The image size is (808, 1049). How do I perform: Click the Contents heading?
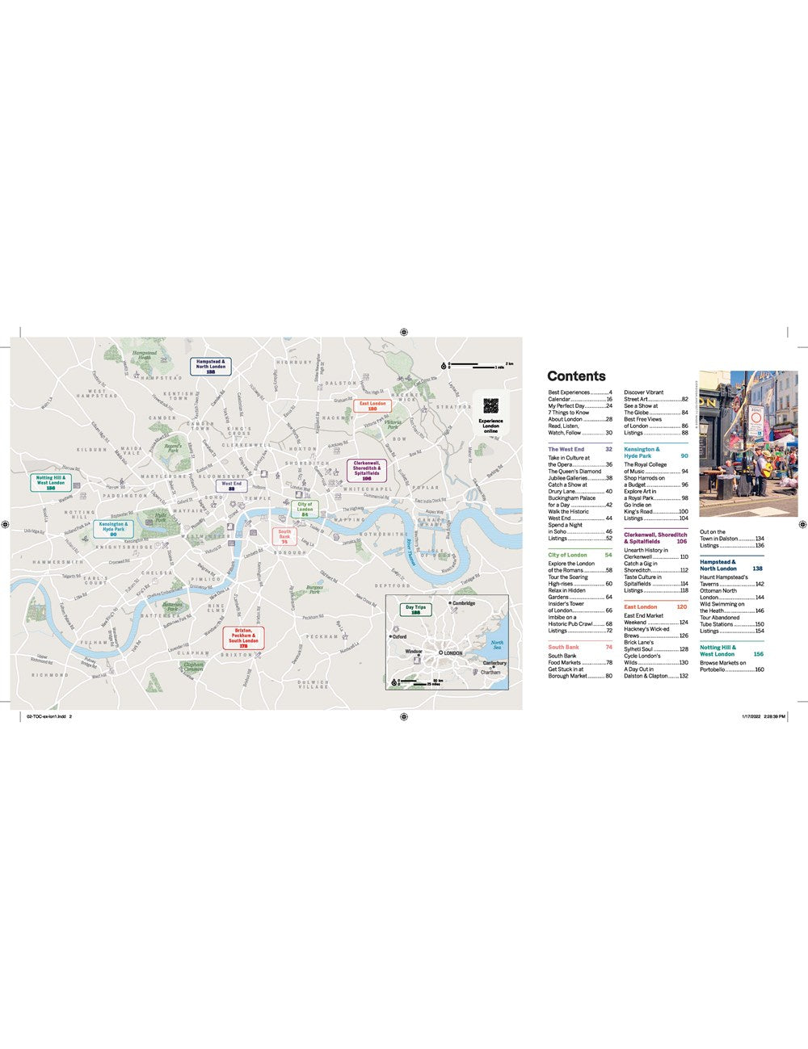(575, 376)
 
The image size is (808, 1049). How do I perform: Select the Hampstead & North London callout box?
(210, 367)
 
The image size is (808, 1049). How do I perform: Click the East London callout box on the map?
(372, 406)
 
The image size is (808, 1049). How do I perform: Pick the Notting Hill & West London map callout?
(50, 483)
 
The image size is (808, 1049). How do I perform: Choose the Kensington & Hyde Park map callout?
(113, 529)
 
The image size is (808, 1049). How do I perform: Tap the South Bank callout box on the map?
(284, 536)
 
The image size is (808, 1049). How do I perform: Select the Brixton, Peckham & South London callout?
(242, 637)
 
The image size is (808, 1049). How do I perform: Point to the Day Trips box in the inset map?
(415, 610)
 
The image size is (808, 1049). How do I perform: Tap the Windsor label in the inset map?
(414, 651)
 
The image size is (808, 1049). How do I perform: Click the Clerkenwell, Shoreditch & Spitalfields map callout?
(366, 471)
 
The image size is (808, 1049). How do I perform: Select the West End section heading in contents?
(566, 449)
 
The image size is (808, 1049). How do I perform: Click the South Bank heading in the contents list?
(563, 647)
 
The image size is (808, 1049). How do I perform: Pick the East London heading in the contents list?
(640, 606)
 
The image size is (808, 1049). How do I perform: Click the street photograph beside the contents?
(747, 443)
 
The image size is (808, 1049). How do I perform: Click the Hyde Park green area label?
(160, 518)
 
